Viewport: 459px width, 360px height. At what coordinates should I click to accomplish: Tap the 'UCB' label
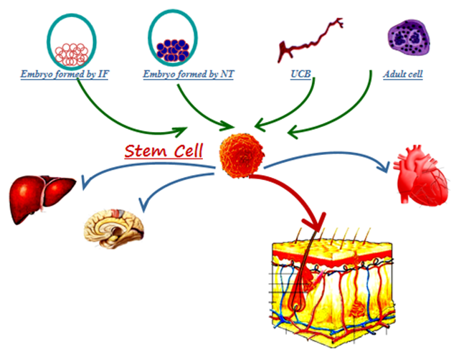coord(301,74)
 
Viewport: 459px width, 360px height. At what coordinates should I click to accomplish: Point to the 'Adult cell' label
coord(404,74)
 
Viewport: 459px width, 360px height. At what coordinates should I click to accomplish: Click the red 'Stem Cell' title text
coord(164,151)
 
